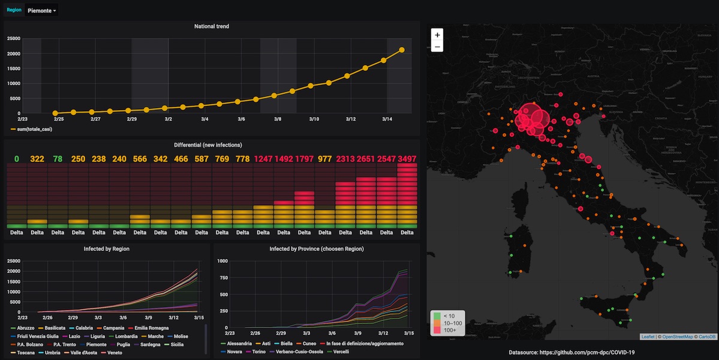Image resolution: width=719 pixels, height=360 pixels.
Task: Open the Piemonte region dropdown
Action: point(42,11)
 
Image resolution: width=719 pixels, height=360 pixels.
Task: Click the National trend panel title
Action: point(212,26)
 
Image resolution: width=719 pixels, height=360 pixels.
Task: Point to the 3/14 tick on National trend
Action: point(387,119)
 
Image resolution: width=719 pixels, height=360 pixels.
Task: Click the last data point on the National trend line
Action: point(402,50)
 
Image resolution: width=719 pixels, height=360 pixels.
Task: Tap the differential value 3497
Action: point(407,159)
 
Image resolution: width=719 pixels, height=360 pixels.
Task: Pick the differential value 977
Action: point(324,159)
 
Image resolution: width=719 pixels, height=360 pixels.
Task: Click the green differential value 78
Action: point(58,159)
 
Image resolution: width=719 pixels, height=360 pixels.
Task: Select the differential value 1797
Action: point(305,159)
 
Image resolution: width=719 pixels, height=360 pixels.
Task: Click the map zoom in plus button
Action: point(437,35)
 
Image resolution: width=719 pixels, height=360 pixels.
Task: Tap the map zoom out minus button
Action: point(437,46)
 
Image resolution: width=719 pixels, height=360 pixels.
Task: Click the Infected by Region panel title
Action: point(107,248)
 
